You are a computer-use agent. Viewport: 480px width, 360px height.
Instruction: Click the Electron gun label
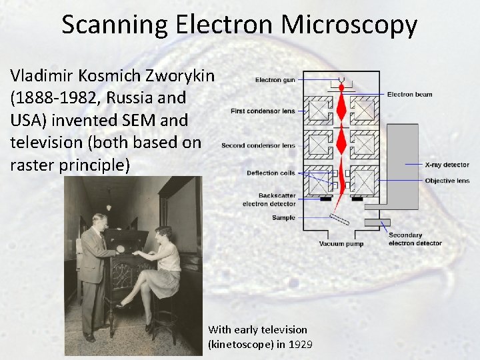click(x=275, y=80)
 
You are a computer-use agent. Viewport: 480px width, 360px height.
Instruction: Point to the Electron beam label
click(x=409, y=94)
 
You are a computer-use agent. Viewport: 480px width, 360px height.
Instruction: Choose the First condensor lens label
click(x=263, y=111)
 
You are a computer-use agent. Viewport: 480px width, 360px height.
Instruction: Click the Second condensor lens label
click(x=258, y=145)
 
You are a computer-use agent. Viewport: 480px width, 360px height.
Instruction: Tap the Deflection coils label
click(x=271, y=173)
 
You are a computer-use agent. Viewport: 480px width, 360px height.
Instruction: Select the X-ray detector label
click(x=447, y=164)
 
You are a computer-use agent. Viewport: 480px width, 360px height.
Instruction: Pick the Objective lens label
click(x=447, y=181)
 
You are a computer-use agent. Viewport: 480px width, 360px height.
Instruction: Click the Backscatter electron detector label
click(x=269, y=199)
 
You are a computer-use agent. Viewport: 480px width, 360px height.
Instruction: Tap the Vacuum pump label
click(x=341, y=244)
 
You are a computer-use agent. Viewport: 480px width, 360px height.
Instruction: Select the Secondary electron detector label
click(x=415, y=239)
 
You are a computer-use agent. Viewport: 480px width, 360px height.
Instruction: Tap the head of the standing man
click(x=100, y=222)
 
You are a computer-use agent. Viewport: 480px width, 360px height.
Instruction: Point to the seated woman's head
click(x=162, y=235)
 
